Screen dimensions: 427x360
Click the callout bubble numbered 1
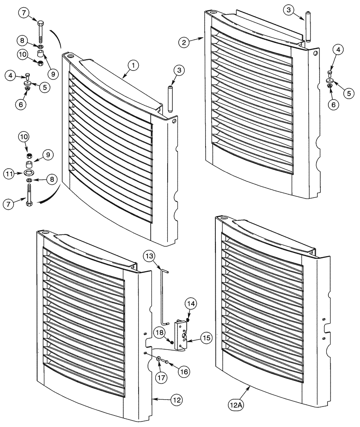pyautogui.click(x=133, y=66)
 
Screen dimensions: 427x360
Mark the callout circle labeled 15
pyautogui.click(x=206, y=338)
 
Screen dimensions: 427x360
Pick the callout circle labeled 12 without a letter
pyautogui.click(x=176, y=401)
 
